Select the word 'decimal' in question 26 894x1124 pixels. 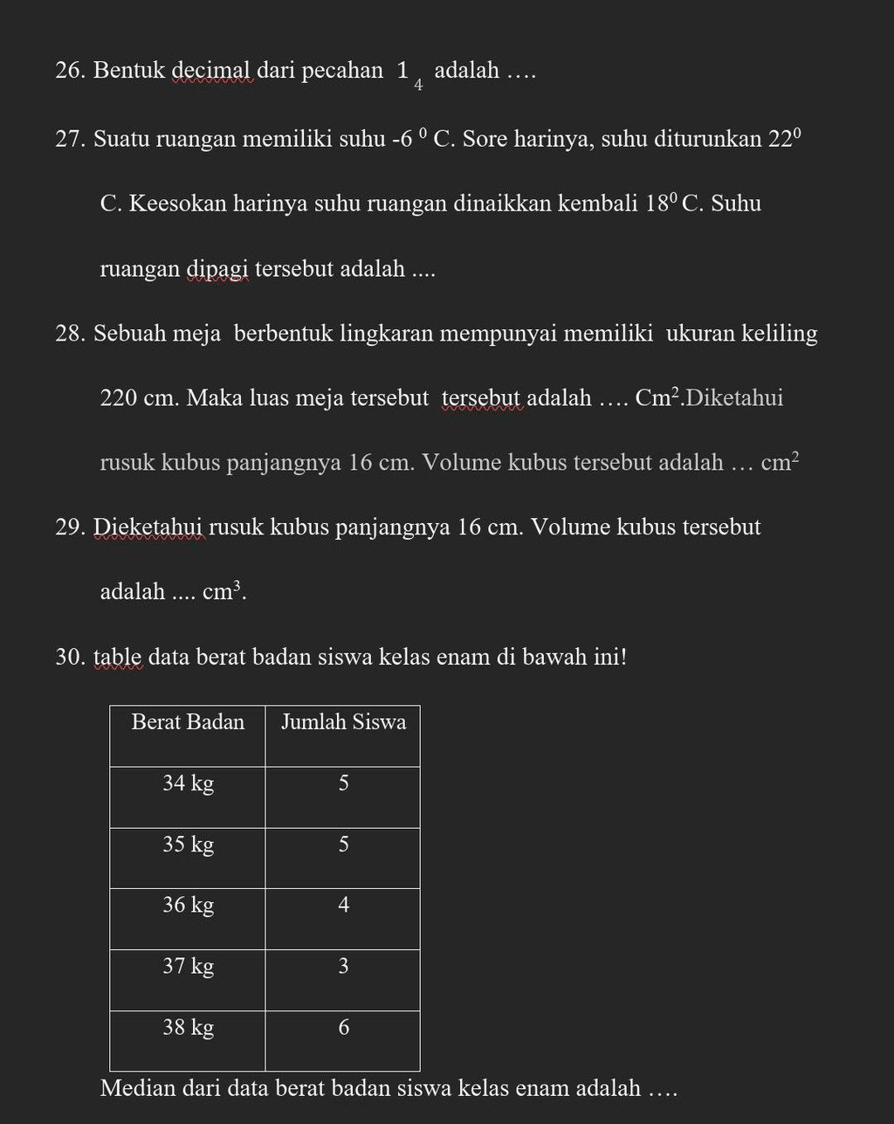point(211,71)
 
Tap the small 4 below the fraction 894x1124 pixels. point(419,86)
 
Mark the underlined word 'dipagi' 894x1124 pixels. point(217,268)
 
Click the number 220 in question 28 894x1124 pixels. point(119,398)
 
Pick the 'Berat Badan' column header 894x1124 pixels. point(188,722)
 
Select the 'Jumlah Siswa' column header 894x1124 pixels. point(343,722)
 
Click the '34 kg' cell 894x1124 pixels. point(188,783)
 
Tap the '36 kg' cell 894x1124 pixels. point(188,906)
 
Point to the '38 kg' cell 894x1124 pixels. point(188,1028)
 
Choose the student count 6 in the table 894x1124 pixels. point(343,1028)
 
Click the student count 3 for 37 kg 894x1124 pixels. point(343,967)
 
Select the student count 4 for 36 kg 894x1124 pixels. point(343,906)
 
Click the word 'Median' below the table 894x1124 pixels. point(138,1088)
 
